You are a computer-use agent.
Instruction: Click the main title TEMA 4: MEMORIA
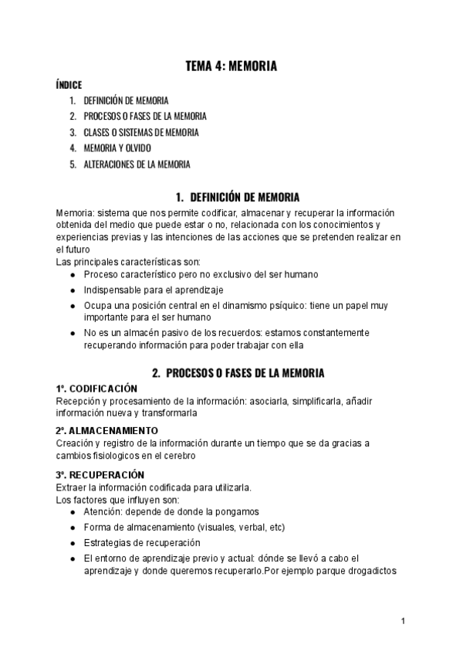pyautogui.click(x=231, y=67)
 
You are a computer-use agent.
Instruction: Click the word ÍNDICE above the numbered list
pyautogui.click(x=69, y=85)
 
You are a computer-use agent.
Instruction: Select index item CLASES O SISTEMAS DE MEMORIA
pyautogui.click(x=140, y=132)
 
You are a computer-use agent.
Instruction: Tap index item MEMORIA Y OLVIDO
pyautogui.click(x=117, y=148)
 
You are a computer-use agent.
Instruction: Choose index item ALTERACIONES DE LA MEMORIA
pyautogui.click(x=137, y=164)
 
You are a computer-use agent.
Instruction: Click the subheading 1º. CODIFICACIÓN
pyautogui.click(x=96, y=389)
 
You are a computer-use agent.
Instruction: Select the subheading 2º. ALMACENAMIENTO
pyautogui.click(x=106, y=430)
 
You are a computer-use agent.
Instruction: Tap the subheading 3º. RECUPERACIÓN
pyautogui.click(x=100, y=473)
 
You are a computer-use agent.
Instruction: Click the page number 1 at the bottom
pyautogui.click(x=404, y=620)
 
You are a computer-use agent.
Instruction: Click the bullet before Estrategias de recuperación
pyautogui.click(x=72, y=542)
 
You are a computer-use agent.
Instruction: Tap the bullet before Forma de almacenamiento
pyautogui.click(x=72, y=527)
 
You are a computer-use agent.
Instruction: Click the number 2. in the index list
pyautogui.click(x=72, y=117)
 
